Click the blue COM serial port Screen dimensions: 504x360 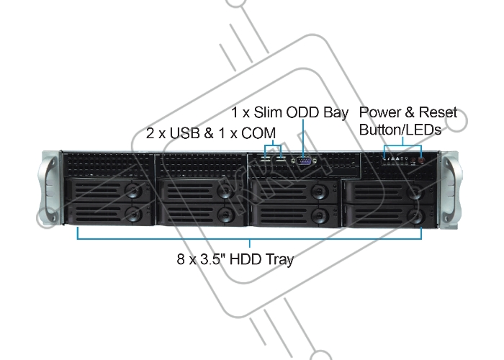[x=304, y=161]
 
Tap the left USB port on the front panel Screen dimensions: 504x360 [x=265, y=159]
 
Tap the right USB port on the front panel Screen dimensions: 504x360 [x=281, y=159]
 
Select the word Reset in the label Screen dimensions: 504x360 [x=438, y=112]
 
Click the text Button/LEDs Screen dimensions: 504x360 [x=400, y=130]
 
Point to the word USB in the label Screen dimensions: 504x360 [x=186, y=133]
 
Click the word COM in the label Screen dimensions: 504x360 [x=258, y=133]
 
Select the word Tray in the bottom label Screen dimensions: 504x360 [x=279, y=260]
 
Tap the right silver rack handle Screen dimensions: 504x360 [x=451, y=190]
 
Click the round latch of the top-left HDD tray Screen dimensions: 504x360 [x=133, y=191]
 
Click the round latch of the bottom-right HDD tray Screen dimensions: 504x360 [x=416, y=216]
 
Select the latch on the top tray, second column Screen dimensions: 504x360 [x=225, y=191]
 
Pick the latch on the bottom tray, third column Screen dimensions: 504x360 [x=319, y=215]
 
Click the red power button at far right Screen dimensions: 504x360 [x=421, y=160]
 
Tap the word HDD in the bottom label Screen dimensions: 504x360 [x=246, y=259]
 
